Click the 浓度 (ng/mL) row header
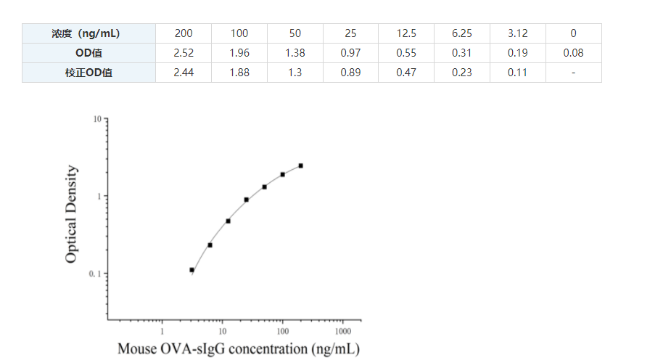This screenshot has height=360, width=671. click(88, 33)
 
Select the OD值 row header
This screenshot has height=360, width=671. click(88, 53)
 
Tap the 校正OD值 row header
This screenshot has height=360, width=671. click(88, 73)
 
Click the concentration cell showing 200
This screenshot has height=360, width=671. click(184, 33)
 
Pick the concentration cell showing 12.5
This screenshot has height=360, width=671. click(406, 33)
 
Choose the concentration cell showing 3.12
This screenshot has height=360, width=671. click(517, 33)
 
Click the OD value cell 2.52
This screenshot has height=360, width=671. click(184, 53)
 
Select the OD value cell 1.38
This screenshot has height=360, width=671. click(295, 53)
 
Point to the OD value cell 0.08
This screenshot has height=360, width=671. click(573, 53)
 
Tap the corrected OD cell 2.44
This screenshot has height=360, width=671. click(184, 73)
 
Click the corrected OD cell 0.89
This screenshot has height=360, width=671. click(350, 73)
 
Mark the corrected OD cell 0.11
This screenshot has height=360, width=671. click(517, 73)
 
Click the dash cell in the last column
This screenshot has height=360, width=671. click(573, 73)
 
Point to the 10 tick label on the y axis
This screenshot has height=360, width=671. click(96, 119)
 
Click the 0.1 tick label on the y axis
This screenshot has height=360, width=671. click(94, 274)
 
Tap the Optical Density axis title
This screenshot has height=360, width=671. click(71, 214)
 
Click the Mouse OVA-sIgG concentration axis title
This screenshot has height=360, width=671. click(238, 349)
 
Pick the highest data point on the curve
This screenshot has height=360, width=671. click(300, 165)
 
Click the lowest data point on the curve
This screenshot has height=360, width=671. click(192, 270)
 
